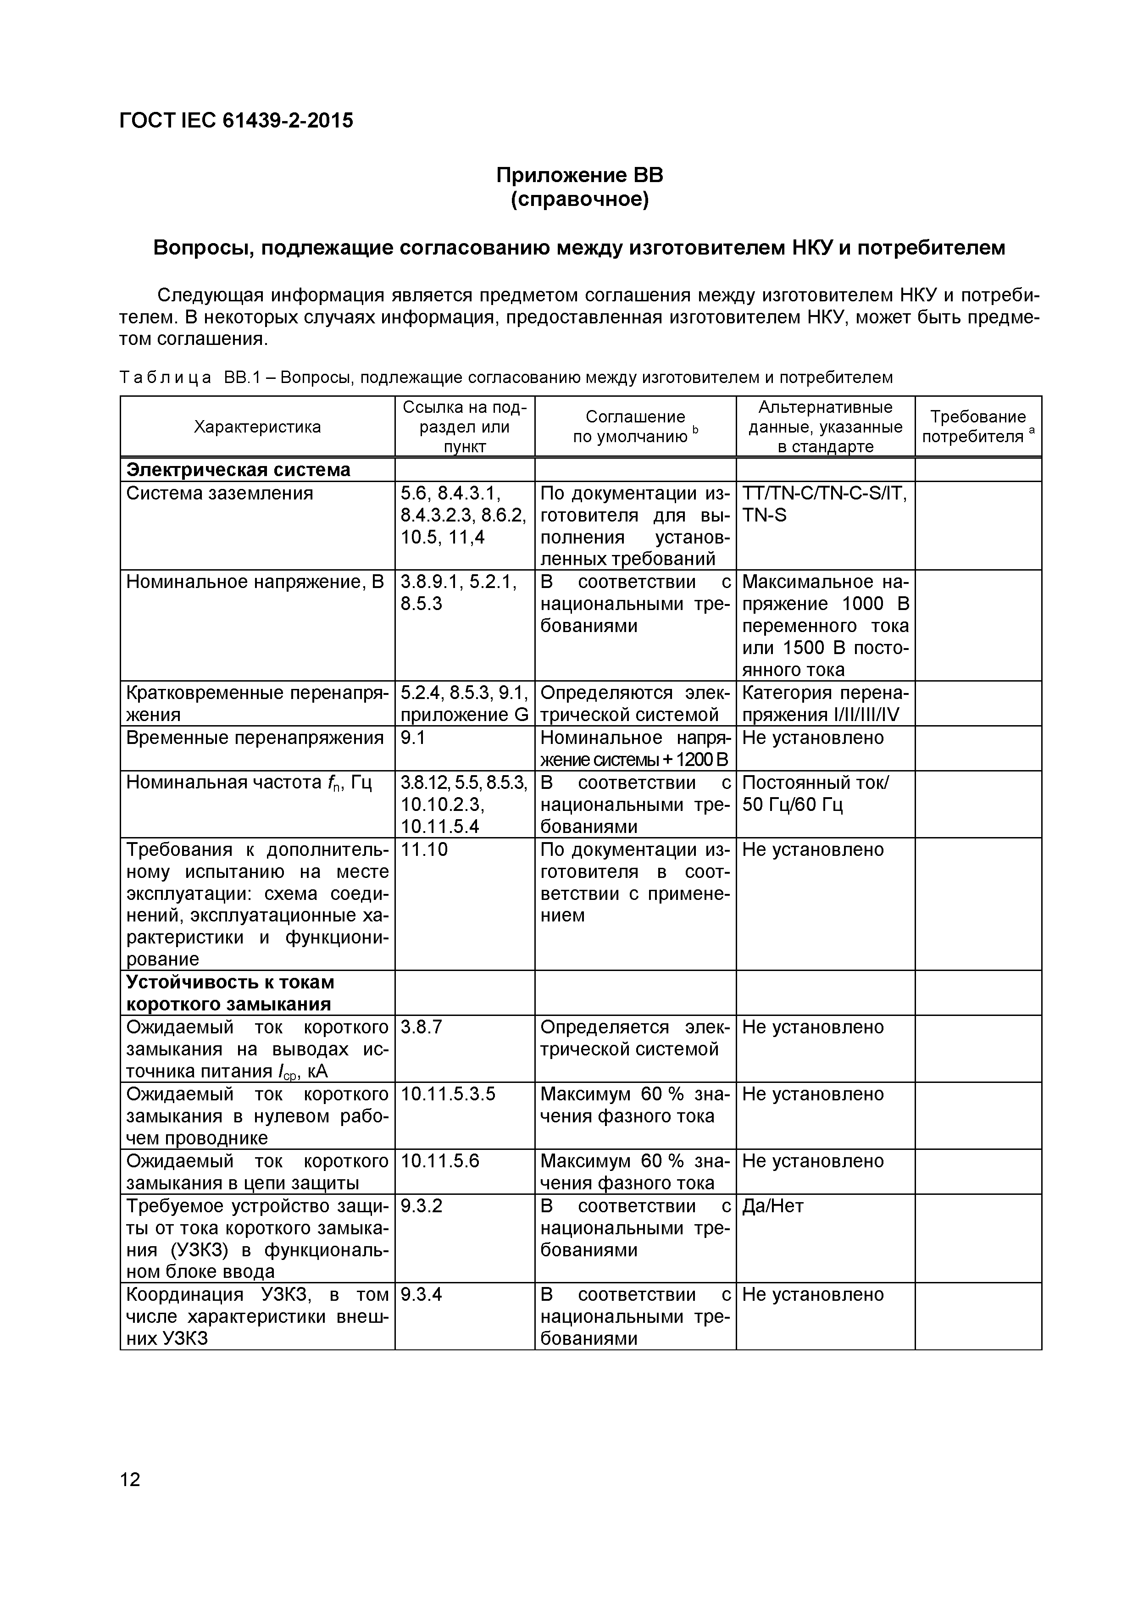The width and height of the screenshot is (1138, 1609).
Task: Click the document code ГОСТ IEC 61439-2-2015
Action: coord(236,121)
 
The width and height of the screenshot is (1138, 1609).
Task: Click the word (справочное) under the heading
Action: coord(579,200)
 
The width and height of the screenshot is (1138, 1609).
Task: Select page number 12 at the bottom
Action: coord(130,1479)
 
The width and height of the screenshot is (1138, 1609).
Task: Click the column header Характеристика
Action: coord(257,427)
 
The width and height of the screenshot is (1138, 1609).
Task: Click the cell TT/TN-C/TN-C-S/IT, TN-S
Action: coord(824,505)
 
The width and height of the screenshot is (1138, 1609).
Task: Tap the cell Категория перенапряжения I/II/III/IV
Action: coord(824,704)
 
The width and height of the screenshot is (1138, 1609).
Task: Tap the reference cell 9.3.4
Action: coord(421,1294)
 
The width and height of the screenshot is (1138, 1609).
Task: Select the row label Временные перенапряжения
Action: coord(255,738)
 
